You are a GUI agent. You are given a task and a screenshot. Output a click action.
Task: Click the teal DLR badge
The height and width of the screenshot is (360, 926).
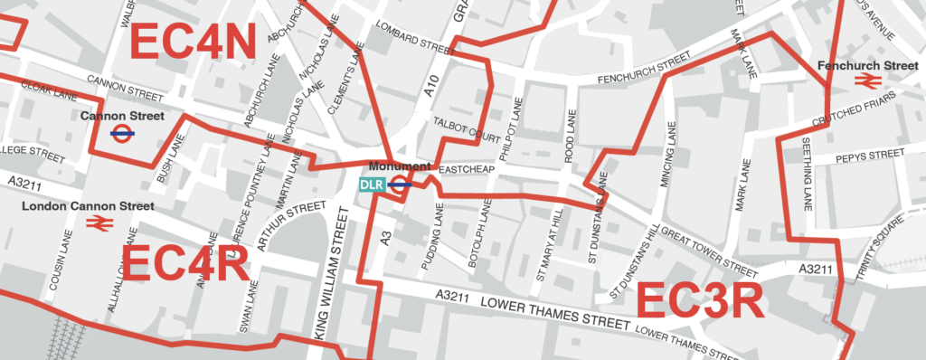[372, 185]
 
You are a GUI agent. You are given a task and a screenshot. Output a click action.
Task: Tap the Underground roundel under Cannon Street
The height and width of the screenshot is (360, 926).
[122, 132]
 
